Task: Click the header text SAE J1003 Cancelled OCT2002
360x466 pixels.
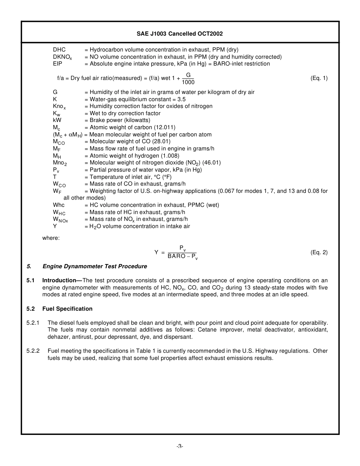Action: click(x=180, y=34)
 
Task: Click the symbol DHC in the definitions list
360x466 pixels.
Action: click(x=59, y=50)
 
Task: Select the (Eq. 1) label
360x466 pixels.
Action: click(x=319, y=78)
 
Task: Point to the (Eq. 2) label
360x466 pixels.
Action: click(x=319, y=252)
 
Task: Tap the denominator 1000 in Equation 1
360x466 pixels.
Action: click(x=188, y=82)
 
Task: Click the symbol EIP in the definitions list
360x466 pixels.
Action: click(x=57, y=64)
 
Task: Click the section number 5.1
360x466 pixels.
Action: click(x=30, y=280)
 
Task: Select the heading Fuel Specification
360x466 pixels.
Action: click(x=67, y=309)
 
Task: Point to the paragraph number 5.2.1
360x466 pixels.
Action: click(x=33, y=323)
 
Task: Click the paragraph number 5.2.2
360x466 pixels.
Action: click(x=33, y=351)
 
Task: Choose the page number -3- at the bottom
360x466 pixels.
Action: click(x=180, y=446)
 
